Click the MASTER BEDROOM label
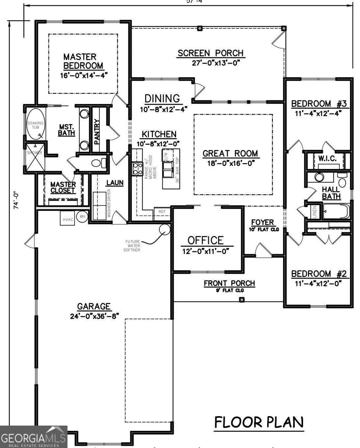(83, 61)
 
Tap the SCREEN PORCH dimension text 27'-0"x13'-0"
(210, 63)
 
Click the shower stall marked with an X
(34, 158)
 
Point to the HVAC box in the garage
(68, 220)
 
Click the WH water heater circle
(82, 217)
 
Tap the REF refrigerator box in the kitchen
(162, 212)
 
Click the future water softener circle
(165, 229)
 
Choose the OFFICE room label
(206, 241)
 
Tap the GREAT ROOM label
(230, 154)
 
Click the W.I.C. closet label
(327, 158)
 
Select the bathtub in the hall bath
(336, 212)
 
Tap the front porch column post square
(242, 299)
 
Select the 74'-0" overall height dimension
(15, 201)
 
